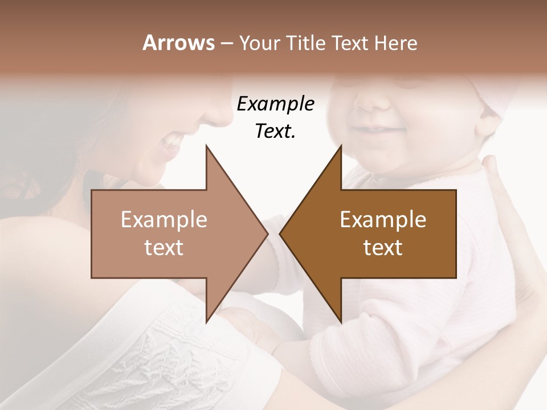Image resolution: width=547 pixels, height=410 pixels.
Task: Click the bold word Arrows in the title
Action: click(178, 43)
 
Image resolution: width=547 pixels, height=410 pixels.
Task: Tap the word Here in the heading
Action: click(395, 43)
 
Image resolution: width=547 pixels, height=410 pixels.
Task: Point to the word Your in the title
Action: click(258, 43)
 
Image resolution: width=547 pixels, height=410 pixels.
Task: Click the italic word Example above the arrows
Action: click(275, 104)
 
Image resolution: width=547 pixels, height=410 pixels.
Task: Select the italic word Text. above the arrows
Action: click(275, 132)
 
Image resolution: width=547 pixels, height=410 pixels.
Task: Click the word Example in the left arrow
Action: click(164, 220)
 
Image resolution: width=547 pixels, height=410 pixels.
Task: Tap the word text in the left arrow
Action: click(164, 248)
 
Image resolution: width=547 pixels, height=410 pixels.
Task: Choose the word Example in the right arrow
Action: click(383, 220)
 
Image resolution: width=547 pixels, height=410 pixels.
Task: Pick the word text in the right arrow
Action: click(383, 248)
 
